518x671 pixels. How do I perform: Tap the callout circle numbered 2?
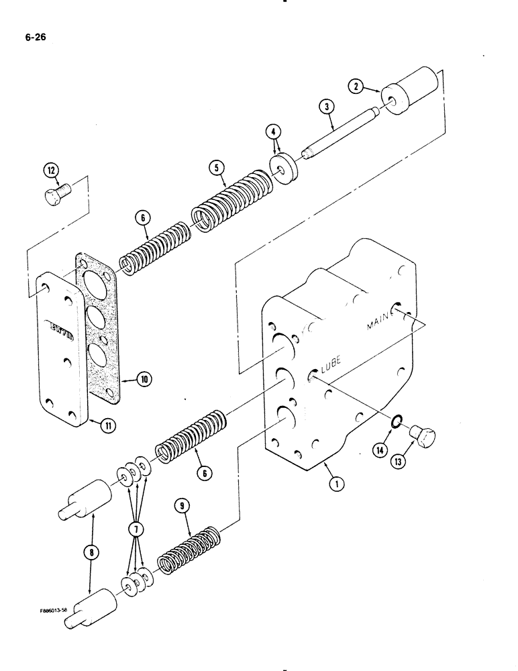coord(356,86)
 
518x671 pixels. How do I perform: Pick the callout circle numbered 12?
coord(52,170)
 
